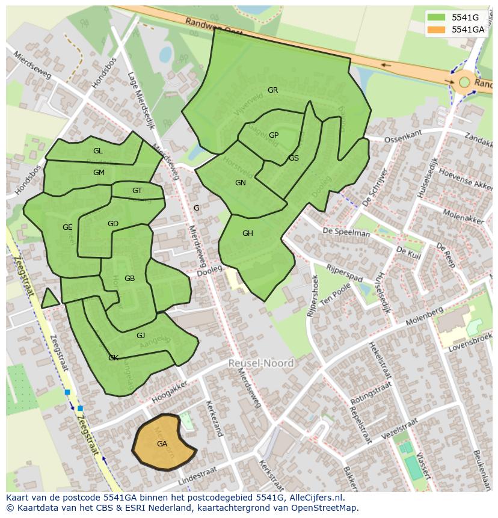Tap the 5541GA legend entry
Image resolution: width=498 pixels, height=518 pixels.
[x=467, y=29]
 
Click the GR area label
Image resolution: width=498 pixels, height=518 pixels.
[x=272, y=90]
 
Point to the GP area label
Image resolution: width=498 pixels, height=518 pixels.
[x=274, y=135]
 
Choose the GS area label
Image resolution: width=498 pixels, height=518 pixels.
[x=294, y=158]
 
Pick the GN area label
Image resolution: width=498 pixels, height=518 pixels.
[x=241, y=183]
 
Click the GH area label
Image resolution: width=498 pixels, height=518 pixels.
[x=248, y=233]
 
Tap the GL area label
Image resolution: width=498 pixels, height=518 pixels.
[x=98, y=151]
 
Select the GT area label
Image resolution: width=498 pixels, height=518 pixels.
[x=137, y=191]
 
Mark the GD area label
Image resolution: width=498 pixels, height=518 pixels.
[x=113, y=224]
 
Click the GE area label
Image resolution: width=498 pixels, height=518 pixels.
[x=67, y=227]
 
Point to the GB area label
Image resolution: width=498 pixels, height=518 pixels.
[x=129, y=279]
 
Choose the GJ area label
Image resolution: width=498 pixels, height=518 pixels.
[x=141, y=336]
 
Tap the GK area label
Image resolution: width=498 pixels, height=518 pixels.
[x=113, y=358]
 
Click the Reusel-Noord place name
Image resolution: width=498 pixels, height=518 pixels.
[x=261, y=363]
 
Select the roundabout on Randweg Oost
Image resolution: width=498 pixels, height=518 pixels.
[x=465, y=81]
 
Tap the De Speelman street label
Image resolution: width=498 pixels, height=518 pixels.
[x=346, y=232]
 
